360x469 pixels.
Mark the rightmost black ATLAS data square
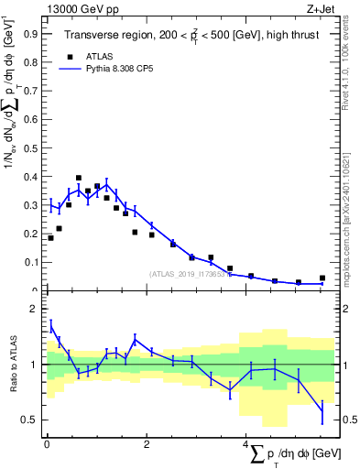(x=322, y=278)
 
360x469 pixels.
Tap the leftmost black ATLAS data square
(x=50, y=238)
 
